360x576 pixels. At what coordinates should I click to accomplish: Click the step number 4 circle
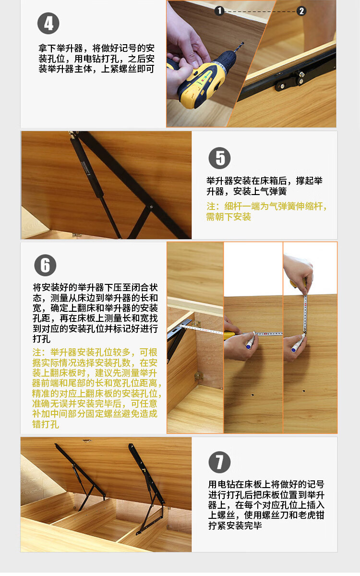(48, 24)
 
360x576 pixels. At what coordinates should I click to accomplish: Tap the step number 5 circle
(219, 158)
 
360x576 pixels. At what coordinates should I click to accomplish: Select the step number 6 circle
(45, 265)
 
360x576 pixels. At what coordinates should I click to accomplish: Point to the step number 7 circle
(219, 462)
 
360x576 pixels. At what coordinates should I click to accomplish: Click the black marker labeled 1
(219, 11)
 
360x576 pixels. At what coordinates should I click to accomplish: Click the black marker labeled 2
(301, 11)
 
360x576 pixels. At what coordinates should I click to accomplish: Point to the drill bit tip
(242, 43)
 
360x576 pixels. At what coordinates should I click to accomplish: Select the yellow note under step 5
(266, 211)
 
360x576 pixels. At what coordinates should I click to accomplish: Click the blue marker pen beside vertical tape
(298, 343)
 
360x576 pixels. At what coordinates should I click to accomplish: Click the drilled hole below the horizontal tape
(252, 395)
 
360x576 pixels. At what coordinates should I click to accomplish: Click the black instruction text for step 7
(266, 505)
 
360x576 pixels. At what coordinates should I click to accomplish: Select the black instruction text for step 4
(96, 59)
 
